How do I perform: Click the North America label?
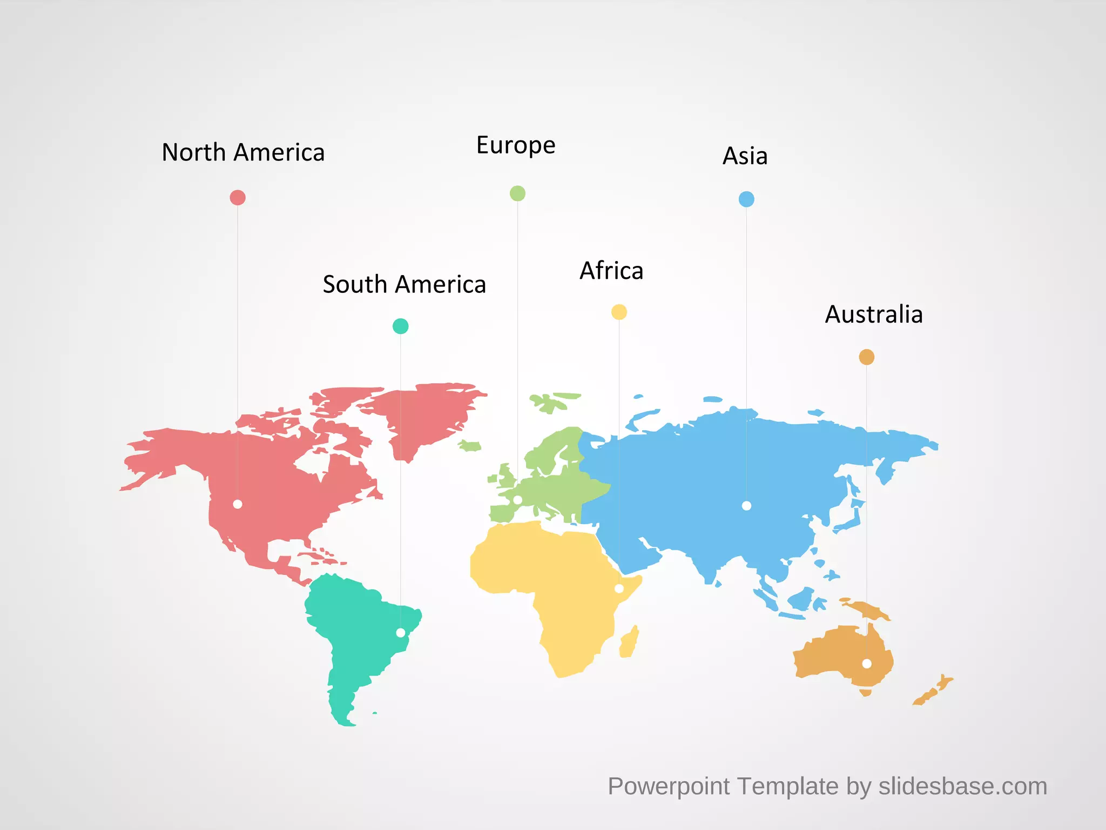click(x=243, y=153)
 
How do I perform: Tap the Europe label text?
click(x=516, y=145)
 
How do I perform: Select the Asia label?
click(x=745, y=157)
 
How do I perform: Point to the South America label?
click(x=404, y=285)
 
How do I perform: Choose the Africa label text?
click(x=611, y=271)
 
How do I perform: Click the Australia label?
click(x=874, y=315)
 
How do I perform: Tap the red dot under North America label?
click(x=238, y=198)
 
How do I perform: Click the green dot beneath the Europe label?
click(x=517, y=193)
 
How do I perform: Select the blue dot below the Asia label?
click(x=746, y=199)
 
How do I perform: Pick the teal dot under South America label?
click(x=400, y=326)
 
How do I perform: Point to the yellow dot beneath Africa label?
click(x=619, y=312)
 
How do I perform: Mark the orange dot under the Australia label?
click(x=866, y=357)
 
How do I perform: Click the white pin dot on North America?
click(x=238, y=504)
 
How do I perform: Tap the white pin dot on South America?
click(x=401, y=633)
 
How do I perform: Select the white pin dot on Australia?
click(x=867, y=664)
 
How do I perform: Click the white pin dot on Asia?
click(x=746, y=506)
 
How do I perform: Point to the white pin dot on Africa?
click(x=619, y=588)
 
